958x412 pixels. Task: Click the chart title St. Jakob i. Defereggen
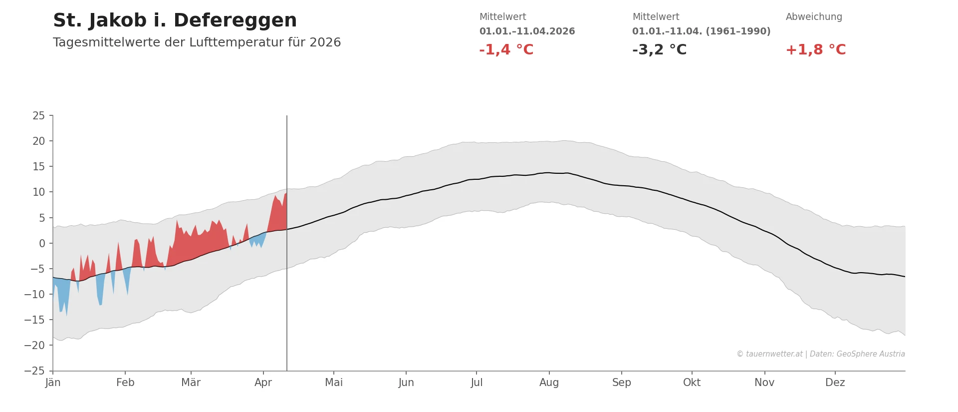(x=175, y=21)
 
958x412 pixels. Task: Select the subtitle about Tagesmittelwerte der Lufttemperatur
(x=197, y=42)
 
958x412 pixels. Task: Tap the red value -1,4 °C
(x=506, y=50)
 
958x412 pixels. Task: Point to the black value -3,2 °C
(x=659, y=50)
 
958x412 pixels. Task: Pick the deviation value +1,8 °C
(x=815, y=50)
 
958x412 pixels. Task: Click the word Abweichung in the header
(x=813, y=17)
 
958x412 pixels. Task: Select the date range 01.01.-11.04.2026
(x=527, y=31)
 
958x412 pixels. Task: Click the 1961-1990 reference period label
(x=701, y=31)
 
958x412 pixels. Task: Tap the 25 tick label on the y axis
(x=38, y=116)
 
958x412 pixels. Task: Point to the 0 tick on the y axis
(x=42, y=244)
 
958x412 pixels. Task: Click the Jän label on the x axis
(x=53, y=383)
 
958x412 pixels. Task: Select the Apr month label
(x=263, y=383)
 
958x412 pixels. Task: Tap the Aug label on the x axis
(x=549, y=383)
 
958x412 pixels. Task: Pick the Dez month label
(x=835, y=383)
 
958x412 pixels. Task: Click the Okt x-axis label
(x=692, y=383)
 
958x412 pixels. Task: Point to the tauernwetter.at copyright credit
(x=820, y=354)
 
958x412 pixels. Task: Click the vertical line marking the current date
(x=287, y=300)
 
